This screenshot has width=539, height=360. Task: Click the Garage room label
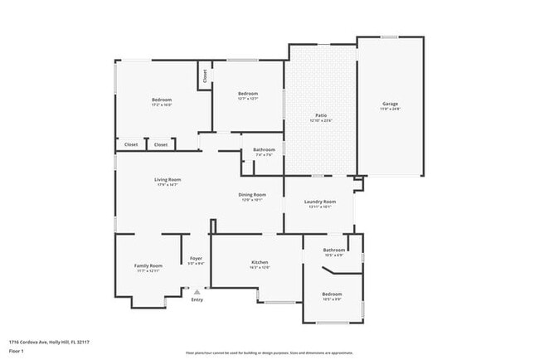tap(390, 104)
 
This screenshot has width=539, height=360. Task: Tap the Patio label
tap(321, 115)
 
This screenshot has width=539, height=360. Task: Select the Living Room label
tap(168, 179)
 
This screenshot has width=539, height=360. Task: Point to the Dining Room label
tap(251, 194)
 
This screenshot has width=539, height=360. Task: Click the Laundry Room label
tap(320, 202)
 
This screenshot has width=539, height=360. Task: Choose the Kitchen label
tap(260, 262)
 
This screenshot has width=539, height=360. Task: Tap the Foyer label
tap(197, 258)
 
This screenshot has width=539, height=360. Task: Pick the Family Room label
tap(148, 265)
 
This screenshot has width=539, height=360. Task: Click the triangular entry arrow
tap(197, 291)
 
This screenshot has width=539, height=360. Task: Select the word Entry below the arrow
tap(197, 299)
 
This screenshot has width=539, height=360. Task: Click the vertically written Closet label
tap(205, 76)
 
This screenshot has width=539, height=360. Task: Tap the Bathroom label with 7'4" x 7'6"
tap(265, 149)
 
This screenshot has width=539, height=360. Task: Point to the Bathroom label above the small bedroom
tap(334, 250)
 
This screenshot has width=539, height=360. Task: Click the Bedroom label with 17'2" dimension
tap(162, 100)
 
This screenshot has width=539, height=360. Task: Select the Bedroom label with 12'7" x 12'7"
tap(249, 94)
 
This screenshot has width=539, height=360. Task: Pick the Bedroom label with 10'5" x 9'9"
tap(332, 294)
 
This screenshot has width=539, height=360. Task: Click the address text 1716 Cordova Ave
tap(49, 341)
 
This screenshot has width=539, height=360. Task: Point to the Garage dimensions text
tap(390, 109)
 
